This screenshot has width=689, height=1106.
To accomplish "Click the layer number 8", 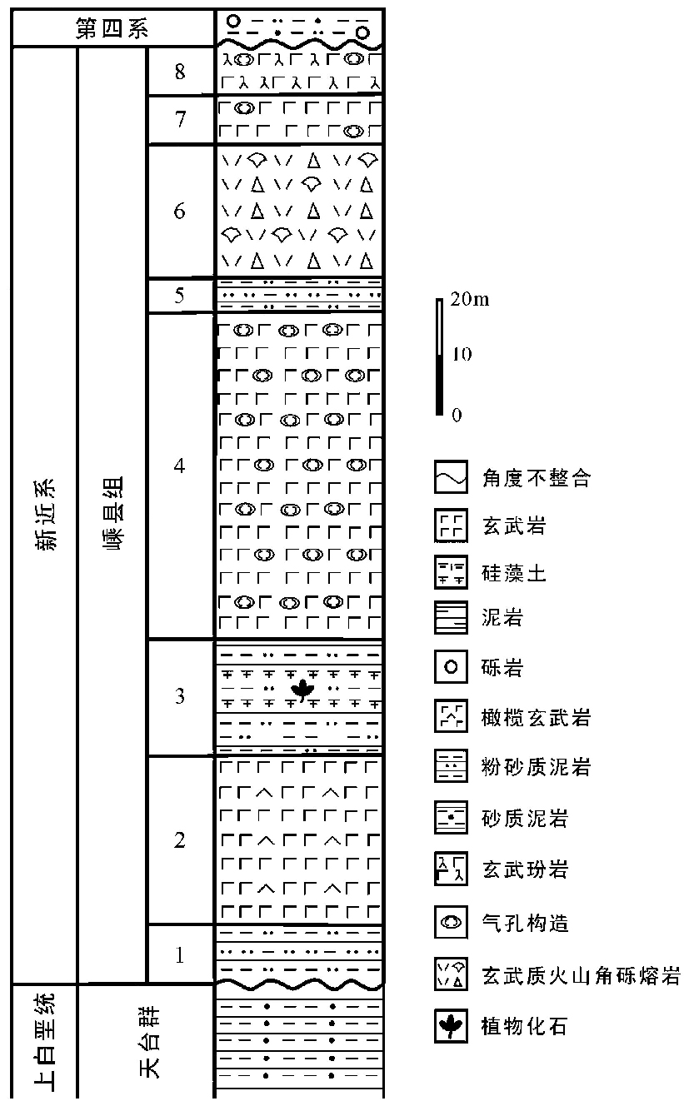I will tap(179, 72).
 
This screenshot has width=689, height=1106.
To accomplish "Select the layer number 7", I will tap(179, 120).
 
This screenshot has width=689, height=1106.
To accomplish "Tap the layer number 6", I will tap(179, 212).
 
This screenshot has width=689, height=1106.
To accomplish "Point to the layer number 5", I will tap(179, 296).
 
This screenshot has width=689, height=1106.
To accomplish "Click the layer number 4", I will tap(179, 466).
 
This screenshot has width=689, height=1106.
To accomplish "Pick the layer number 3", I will tap(179, 696).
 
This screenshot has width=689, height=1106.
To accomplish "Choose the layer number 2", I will tap(179, 840).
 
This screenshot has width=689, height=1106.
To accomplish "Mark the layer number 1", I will tap(179, 954).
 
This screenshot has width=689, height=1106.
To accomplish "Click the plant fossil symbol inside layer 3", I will tap(299, 690).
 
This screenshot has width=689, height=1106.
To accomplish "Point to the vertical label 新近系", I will tap(44, 516).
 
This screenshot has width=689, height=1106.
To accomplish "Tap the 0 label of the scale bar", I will tap(456, 414).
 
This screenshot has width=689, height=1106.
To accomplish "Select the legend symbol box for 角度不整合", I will tap(450, 478).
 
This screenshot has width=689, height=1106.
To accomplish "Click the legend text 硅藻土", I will tap(514, 573).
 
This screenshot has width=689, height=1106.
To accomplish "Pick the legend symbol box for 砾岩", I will tap(450, 668).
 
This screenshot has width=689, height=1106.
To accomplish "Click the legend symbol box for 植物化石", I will tap(450, 1026).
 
